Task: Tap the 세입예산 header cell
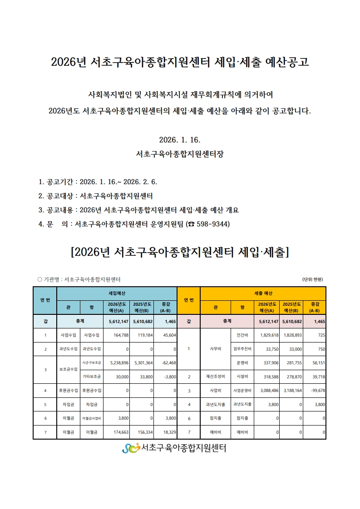point(117,294)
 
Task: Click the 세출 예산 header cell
point(263,294)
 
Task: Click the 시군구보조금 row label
point(92,362)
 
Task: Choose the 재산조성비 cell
point(215,377)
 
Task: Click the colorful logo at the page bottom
point(131,448)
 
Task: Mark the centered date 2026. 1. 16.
point(180,139)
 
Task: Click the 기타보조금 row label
point(92,377)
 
